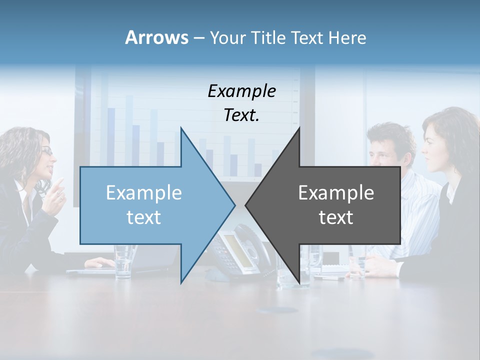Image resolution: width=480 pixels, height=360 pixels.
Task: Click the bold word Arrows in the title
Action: (x=156, y=37)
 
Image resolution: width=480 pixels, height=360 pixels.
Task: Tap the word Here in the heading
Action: (x=347, y=37)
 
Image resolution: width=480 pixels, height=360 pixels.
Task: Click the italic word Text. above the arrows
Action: (x=241, y=115)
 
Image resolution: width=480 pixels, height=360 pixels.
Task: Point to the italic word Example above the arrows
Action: (x=241, y=91)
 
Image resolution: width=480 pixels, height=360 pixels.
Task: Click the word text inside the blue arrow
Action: (x=143, y=217)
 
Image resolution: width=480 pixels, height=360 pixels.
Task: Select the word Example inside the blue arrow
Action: (x=143, y=193)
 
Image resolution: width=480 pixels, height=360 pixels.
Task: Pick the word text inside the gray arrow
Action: (x=336, y=217)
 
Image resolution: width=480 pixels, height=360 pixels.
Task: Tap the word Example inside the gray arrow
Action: (x=336, y=193)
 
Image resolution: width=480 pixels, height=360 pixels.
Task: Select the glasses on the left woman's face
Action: (x=46, y=150)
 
